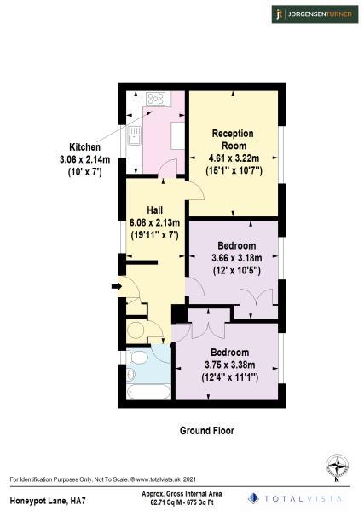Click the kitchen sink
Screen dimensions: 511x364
coord(134,135)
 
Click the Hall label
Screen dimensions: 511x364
coord(154,210)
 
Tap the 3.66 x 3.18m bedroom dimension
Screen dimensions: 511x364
coord(234,258)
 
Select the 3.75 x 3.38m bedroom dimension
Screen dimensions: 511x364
coord(231,364)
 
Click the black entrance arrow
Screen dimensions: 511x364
coord(115,287)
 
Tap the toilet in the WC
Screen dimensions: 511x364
coord(136,330)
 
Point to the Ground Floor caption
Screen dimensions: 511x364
coord(206,431)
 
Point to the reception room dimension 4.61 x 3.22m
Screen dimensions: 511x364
coord(234,158)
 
